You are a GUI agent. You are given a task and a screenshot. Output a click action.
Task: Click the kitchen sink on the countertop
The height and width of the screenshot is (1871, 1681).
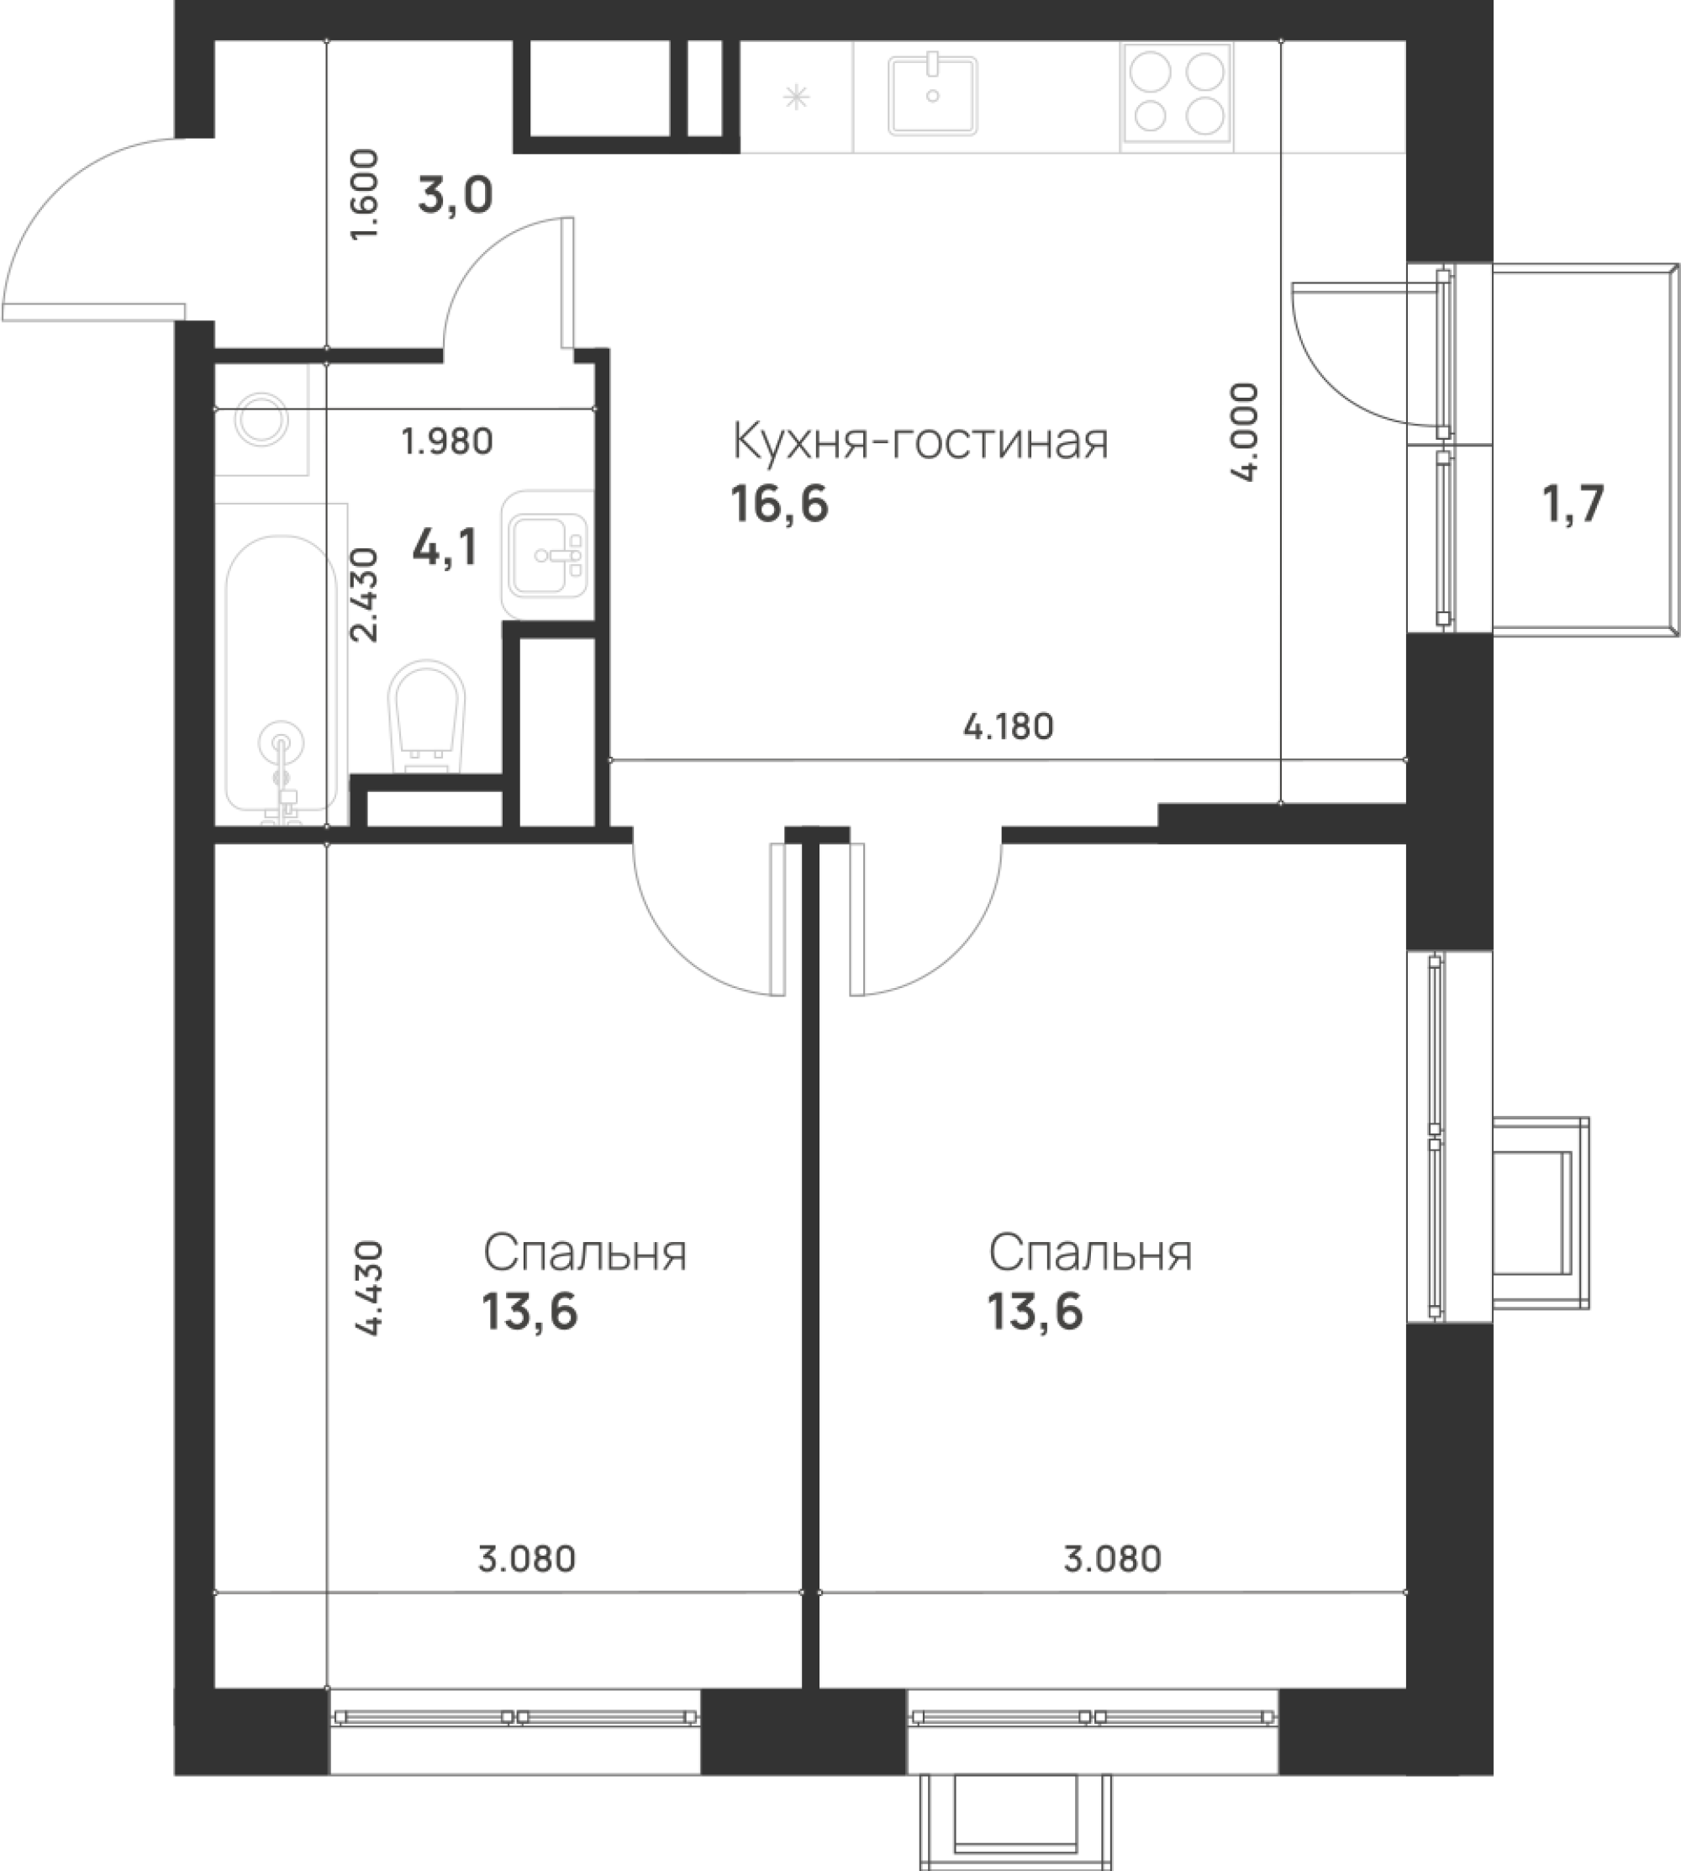[933, 95]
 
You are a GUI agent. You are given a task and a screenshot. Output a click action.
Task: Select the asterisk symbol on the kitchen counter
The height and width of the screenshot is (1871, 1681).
[795, 97]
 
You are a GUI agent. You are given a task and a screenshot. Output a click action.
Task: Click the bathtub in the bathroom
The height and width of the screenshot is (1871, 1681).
[282, 663]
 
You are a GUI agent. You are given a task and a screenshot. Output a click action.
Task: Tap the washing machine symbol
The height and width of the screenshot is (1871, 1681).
[261, 420]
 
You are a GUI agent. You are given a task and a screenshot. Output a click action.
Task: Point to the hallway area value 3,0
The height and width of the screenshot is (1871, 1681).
[456, 196]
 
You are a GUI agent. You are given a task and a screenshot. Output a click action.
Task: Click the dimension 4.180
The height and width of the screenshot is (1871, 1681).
[1008, 727]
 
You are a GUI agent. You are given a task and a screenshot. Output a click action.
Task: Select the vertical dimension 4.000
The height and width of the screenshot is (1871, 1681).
[1245, 431]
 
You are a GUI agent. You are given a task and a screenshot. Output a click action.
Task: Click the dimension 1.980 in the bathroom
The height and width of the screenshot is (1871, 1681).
[448, 441]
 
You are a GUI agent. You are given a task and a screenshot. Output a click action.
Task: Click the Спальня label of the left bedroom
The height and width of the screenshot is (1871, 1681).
[586, 1255]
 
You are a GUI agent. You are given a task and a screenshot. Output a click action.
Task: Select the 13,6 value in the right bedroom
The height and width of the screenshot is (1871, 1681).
[1035, 1312]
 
